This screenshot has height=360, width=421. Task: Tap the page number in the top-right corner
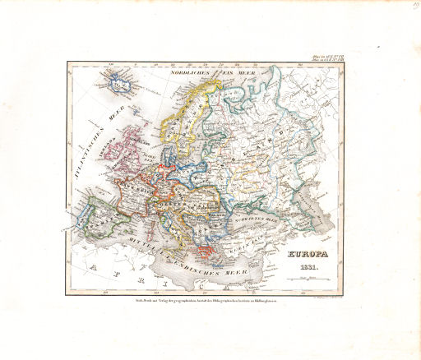click(409, 6)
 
